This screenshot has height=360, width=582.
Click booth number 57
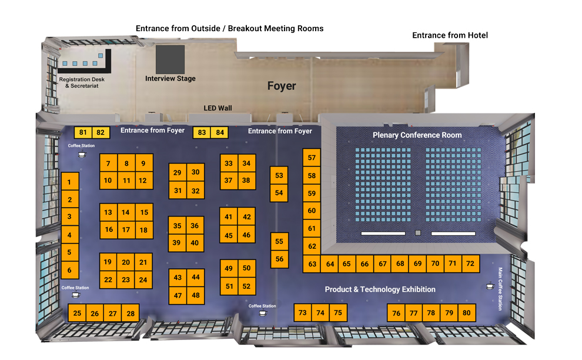click(312, 158)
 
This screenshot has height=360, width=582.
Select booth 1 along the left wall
click(69, 182)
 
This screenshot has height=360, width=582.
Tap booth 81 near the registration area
click(83, 132)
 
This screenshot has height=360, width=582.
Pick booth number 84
click(220, 133)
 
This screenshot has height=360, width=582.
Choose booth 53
click(279, 175)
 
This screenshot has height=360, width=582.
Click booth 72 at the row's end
click(470, 264)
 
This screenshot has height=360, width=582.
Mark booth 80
click(467, 313)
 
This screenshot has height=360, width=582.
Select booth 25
click(78, 314)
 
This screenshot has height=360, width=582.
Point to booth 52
click(246, 286)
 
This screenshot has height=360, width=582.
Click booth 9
click(143, 164)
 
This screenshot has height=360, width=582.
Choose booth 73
click(302, 313)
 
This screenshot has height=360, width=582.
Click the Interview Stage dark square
click(170, 59)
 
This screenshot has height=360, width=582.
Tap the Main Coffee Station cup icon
click(489, 287)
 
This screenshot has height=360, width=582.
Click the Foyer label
click(282, 86)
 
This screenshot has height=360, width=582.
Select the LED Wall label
click(218, 108)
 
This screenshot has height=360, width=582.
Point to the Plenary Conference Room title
click(417, 135)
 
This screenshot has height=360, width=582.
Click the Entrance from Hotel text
click(450, 35)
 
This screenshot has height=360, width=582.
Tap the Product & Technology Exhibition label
click(380, 289)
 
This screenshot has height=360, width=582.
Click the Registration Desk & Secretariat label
click(82, 82)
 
